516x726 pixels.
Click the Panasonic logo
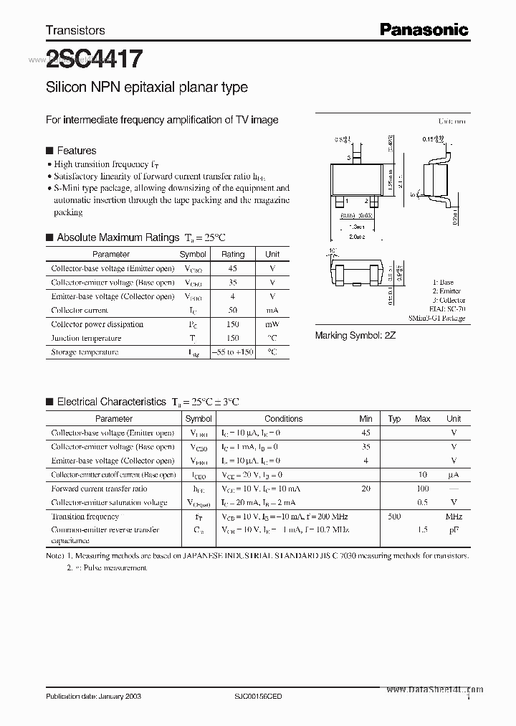[x=424, y=29]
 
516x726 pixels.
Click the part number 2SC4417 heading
[x=94, y=58]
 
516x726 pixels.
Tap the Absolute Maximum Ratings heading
[x=118, y=237]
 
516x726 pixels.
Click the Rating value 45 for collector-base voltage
[x=232, y=268]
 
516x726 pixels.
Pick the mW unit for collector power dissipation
[x=272, y=324]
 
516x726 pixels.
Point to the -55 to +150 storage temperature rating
[x=232, y=352]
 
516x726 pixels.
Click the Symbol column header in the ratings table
[x=193, y=254]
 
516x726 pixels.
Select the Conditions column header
[x=283, y=418]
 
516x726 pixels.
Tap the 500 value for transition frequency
[x=394, y=517]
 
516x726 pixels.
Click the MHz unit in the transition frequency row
[x=453, y=517]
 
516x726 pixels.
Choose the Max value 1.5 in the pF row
[x=423, y=530]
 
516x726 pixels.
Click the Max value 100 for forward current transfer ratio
[x=423, y=489]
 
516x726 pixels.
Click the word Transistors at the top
[x=75, y=30]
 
